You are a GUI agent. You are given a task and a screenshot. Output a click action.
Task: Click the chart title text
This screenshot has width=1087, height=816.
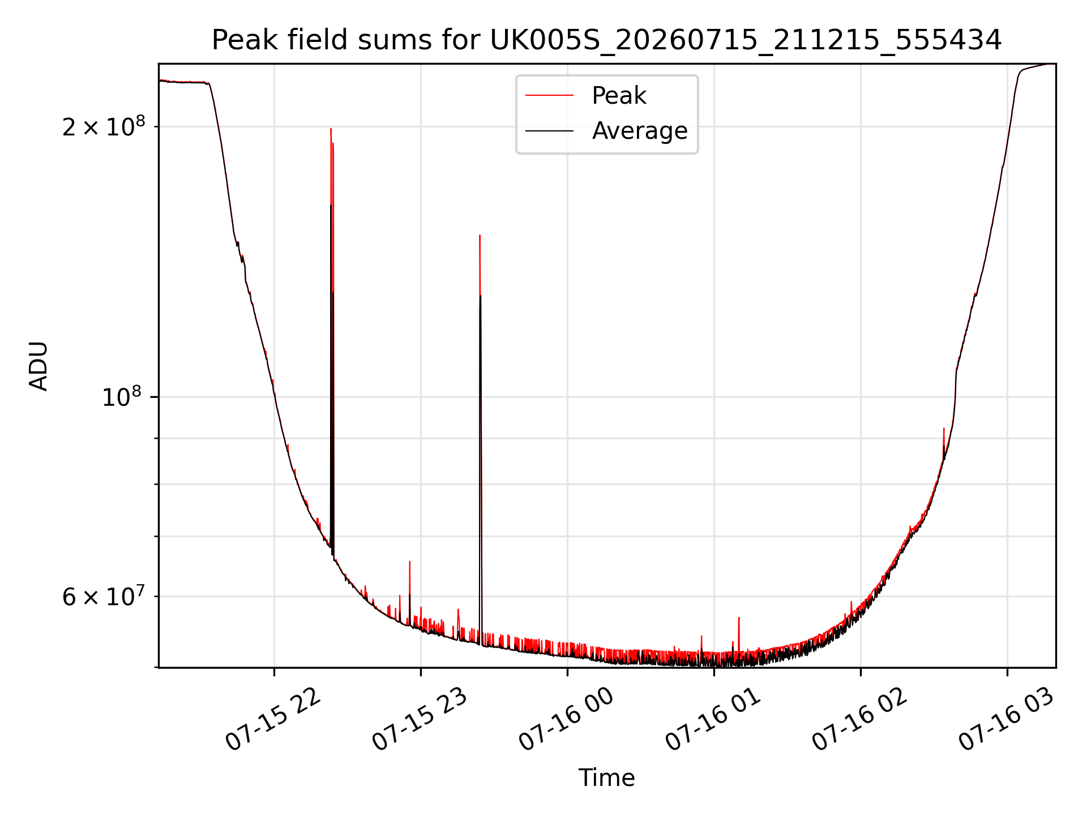[607, 40]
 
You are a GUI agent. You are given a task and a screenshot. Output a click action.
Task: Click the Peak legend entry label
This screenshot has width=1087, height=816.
[619, 96]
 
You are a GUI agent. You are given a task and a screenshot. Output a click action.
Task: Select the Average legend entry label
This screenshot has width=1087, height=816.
[640, 131]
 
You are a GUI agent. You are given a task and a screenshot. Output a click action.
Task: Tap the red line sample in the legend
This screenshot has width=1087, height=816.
[549, 96]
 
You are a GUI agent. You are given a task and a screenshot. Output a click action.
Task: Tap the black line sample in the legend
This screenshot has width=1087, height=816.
[549, 131]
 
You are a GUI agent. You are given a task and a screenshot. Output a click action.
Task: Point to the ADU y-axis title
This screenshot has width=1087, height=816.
[38, 366]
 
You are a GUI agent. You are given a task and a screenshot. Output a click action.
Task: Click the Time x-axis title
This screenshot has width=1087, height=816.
[607, 778]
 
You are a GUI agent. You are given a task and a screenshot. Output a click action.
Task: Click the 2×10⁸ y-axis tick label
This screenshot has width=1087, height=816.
[104, 126]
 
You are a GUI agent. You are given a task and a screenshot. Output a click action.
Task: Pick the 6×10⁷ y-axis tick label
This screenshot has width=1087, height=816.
[104, 596]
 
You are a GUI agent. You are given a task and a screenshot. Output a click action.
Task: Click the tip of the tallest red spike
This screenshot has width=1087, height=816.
[331, 129]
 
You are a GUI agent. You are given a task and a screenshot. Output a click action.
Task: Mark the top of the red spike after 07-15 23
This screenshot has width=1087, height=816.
[480, 235]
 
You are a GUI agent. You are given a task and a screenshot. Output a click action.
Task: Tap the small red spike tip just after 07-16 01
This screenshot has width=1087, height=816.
[739, 618]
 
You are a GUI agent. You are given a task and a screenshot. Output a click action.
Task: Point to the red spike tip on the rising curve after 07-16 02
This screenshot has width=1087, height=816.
[944, 428]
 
